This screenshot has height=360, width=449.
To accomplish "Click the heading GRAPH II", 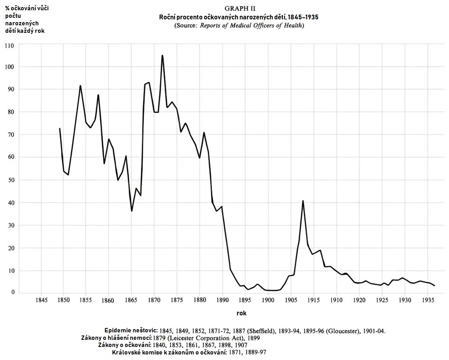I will tap(239, 9).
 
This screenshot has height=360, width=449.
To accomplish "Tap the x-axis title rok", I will tap(241, 313).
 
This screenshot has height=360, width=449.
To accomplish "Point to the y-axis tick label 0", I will tap(13, 292).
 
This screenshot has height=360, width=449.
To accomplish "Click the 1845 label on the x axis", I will tap(41, 300).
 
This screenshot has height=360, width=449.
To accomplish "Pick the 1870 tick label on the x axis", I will tap(154, 300).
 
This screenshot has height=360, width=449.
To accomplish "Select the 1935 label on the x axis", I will tap(427, 300).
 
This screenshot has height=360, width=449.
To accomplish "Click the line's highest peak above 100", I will tap(162, 56).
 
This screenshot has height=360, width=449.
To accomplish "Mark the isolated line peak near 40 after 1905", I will tap(303, 201).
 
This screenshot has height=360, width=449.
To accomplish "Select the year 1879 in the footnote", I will tap(161, 338).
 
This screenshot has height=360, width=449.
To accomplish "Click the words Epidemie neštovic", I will tap(131, 330).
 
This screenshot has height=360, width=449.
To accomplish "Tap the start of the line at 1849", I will tap(60, 129).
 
